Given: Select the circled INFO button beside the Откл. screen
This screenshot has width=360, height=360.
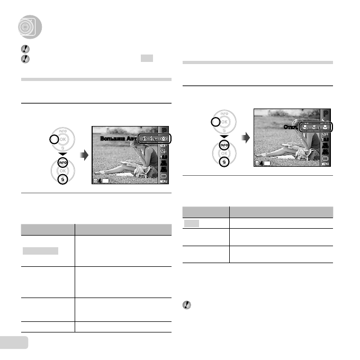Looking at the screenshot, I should coord(224,144).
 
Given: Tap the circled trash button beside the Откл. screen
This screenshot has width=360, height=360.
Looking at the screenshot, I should coord(224,161).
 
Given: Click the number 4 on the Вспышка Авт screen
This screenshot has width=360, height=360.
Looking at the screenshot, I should coord(100,182).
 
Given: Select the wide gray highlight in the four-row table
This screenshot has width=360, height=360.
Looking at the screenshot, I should coord(40,250).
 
